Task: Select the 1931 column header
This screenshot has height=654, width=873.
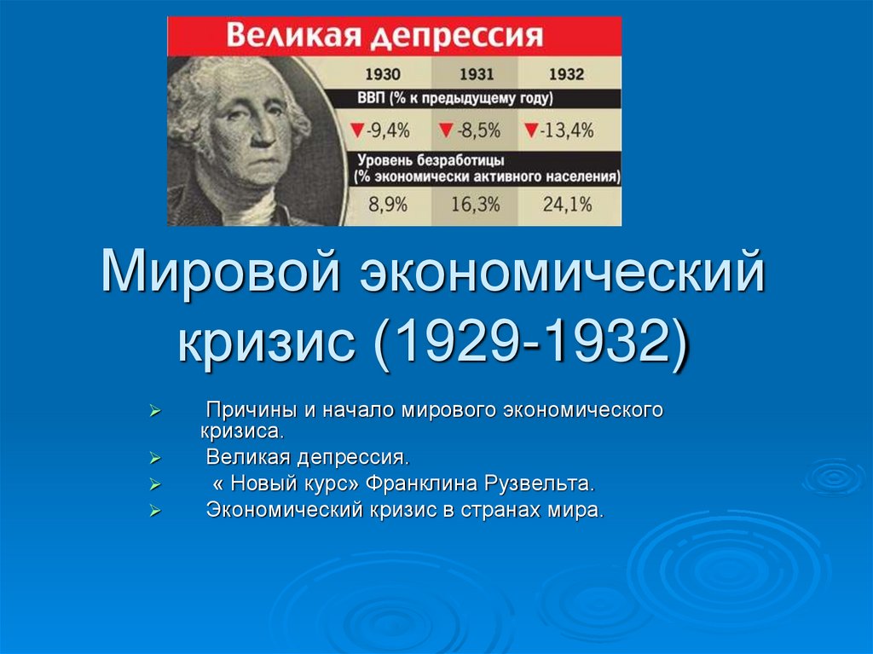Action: (x=476, y=74)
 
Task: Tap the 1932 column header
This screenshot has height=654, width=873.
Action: (x=566, y=74)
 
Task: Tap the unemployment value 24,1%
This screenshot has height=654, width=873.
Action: (x=567, y=205)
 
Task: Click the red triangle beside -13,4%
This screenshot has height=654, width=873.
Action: (x=531, y=130)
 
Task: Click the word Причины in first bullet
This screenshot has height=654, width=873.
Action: (x=247, y=410)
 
